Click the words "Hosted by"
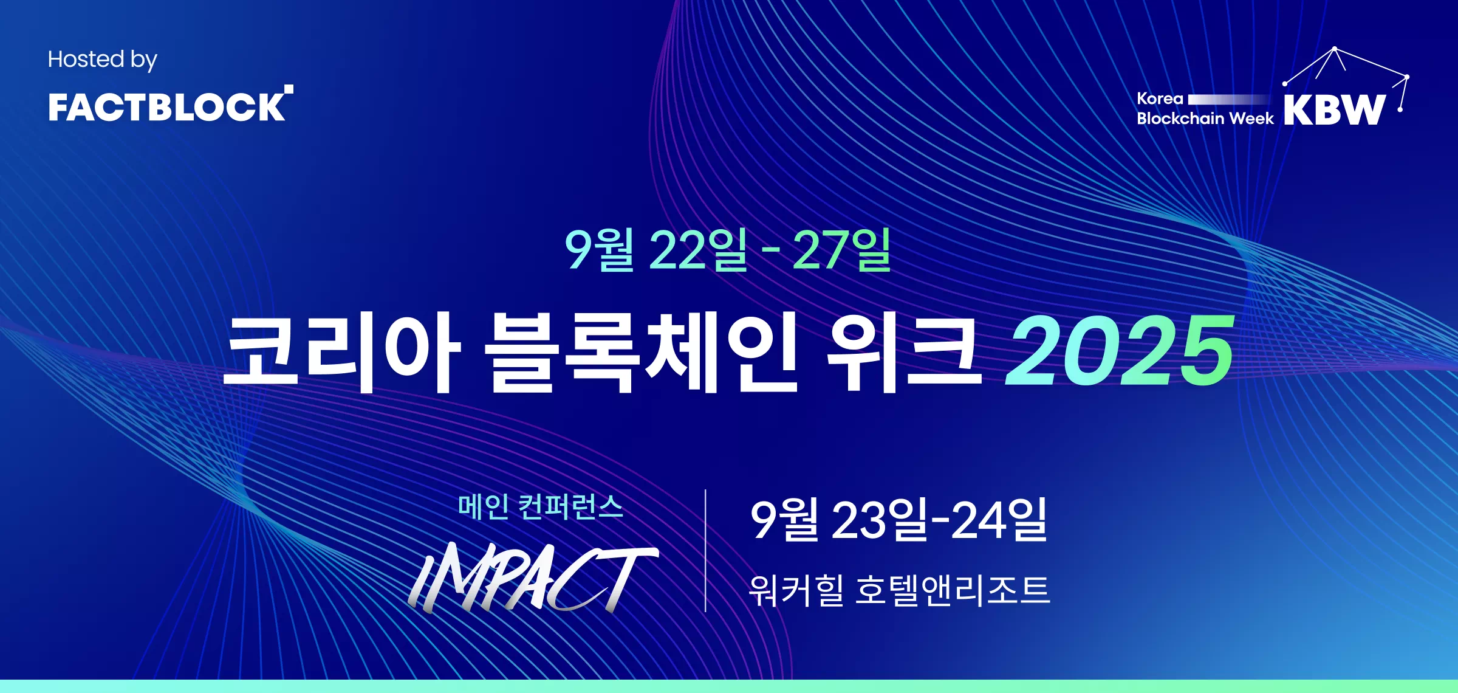tap(103, 60)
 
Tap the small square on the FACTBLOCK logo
tap(289, 89)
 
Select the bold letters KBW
tap(1335, 110)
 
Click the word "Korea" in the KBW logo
tap(1160, 98)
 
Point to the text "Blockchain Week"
tap(1205, 118)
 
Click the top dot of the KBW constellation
tap(1334, 49)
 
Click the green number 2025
tap(1120, 351)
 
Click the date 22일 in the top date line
tap(698, 250)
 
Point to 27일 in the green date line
tap(842, 250)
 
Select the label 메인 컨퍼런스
tap(541, 507)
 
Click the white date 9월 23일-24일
tap(899, 520)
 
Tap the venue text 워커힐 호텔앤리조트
tap(899, 590)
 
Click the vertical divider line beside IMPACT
tap(705, 550)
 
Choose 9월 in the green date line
tap(600, 250)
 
